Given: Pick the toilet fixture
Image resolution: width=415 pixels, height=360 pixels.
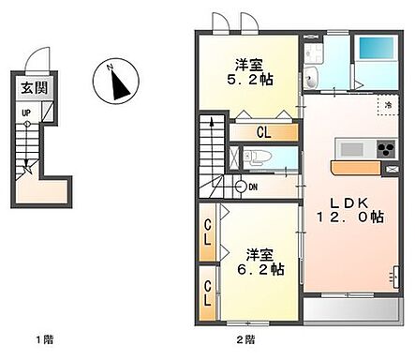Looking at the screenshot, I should [x=262, y=157].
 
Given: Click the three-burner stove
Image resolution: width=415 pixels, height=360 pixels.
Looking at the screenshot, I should [x=384, y=151].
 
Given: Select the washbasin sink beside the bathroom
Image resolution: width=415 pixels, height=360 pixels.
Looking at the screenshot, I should [x=314, y=78].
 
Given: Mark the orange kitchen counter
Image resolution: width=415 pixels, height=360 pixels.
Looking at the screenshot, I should [x=361, y=168].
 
